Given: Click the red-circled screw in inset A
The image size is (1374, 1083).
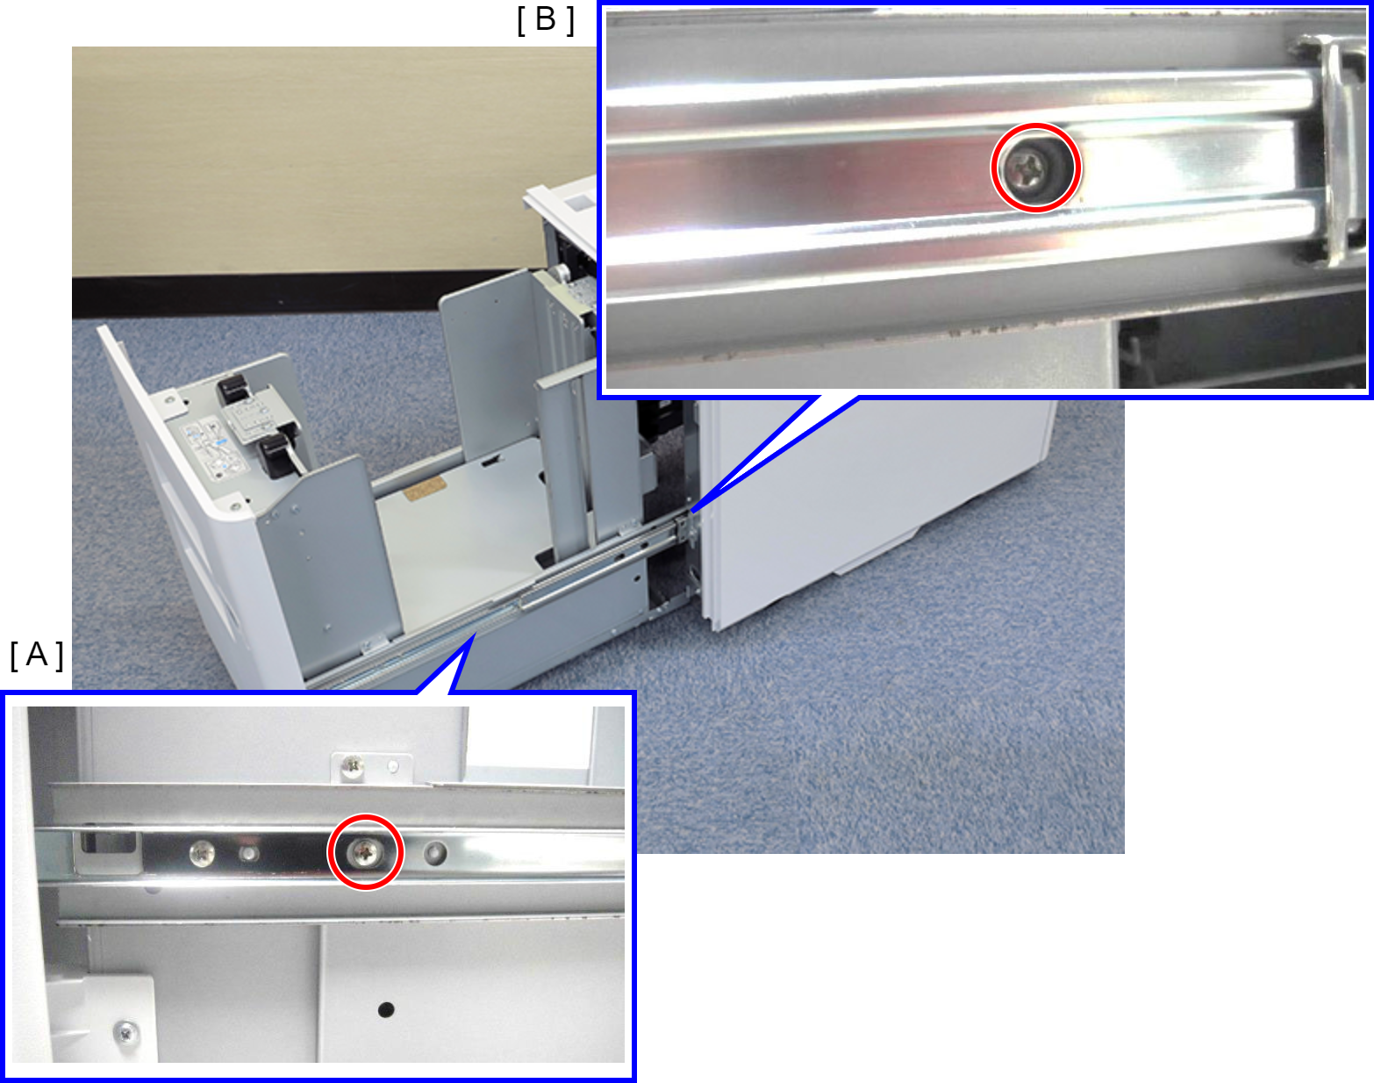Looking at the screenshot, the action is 365,852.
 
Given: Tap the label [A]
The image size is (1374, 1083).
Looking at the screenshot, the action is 37,655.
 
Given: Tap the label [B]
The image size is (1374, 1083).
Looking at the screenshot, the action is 546,19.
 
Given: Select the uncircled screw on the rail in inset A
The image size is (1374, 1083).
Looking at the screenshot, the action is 203,853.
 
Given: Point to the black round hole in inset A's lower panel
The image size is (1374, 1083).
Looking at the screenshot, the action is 386,1009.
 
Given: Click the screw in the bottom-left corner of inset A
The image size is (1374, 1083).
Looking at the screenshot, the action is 125,1031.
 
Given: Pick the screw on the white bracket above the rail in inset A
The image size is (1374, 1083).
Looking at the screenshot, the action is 353,767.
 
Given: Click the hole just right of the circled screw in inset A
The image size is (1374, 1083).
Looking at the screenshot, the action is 435,852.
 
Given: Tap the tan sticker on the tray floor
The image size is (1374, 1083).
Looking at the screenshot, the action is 425,487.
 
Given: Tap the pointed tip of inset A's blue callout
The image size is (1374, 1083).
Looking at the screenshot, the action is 475,635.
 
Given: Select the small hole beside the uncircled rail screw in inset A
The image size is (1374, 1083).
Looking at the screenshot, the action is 249,854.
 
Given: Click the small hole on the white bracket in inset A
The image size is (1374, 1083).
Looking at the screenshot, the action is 393,765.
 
